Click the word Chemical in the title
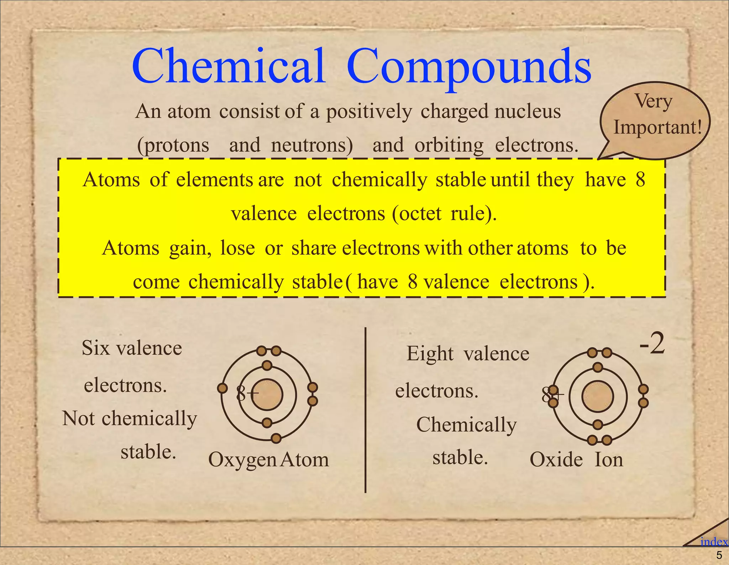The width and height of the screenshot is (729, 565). [x=229, y=66]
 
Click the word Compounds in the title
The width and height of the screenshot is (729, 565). [x=469, y=68]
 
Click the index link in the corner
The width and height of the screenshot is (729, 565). [x=714, y=542]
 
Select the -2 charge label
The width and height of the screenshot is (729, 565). [x=652, y=344]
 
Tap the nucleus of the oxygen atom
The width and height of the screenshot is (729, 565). [x=267, y=395]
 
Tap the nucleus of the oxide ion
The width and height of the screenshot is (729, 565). [x=598, y=396]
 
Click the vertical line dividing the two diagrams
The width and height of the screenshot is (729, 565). [x=366, y=409]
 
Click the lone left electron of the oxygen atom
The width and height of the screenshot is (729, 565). [x=222, y=388]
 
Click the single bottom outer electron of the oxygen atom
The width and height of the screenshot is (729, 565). [x=276, y=438]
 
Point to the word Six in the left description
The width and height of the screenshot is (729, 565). [x=95, y=348]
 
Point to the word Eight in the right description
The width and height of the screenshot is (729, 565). [x=430, y=354]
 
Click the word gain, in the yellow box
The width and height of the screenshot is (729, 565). [x=190, y=249]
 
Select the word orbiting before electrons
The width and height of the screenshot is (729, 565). [x=449, y=145]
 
